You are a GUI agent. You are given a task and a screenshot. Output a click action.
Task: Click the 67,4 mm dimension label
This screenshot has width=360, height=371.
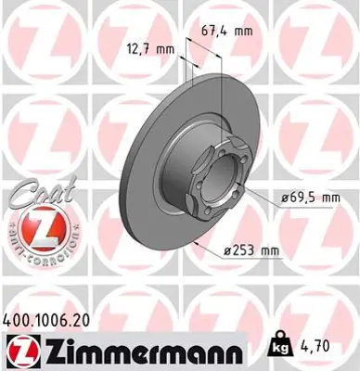pos(227,31)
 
